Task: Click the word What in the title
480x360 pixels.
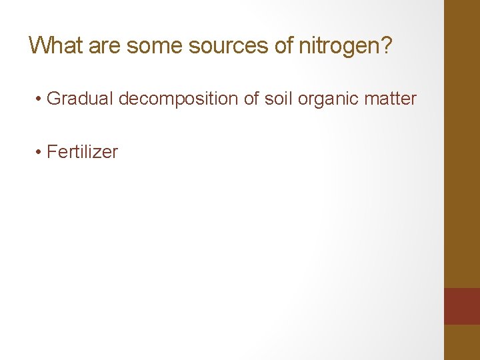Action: (x=55, y=45)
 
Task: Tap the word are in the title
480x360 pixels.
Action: (x=104, y=45)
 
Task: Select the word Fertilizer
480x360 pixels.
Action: (x=83, y=152)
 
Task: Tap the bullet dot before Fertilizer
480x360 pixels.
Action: (x=40, y=153)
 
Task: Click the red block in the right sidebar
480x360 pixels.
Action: (x=462, y=306)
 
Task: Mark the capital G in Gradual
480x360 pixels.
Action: (x=54, y=99)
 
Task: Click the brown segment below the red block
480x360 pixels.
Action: (x=462, y=342)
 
